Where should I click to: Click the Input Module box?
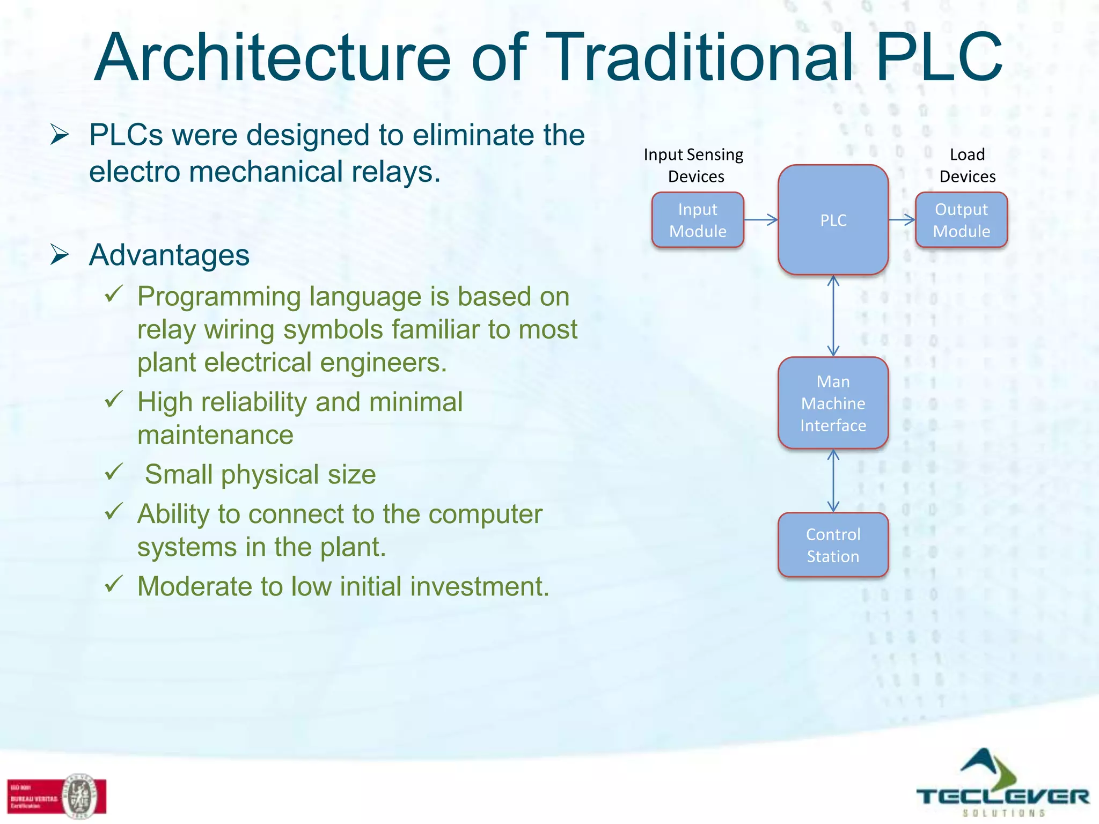pyautogui.click(x=698, y=220)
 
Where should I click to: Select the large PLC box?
pyautogui.click(x=833, y=220)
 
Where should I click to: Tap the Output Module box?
pyautogui.click(x=961, y=220)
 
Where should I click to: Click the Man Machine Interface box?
pyautogui.click(x=833, y=403)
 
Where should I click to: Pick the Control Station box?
pyautogui.click(x=833, y=545)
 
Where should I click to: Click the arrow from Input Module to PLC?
pyautogui.click(x=761, y=219)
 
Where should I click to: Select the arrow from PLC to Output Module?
pyautogui.click(x=902, y=219)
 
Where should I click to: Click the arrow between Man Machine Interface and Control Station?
pyautogui.click(x=833, y=480)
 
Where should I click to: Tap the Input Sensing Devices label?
pyautogui.click(x=694, y=165)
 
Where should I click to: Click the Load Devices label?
pyautogui.click(x=967, y=165)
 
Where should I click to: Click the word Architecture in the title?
pyautogui.click(x=273, y=58)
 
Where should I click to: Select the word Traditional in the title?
pyautogui.click(x=701, y=58)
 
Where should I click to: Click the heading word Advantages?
pyautogui.click(x=169, y=255)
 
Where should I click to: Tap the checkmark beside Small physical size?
pyautogui.click(x=114, y=472)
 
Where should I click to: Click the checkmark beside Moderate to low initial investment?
pyautogui.click(x=114, y=584)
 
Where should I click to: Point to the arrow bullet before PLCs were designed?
pyautogui.click(x=60, y=134)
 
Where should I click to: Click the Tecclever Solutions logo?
pyautogui.click(x=1001, y=784)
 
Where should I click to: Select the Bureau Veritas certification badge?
pyautogui.click(x=56, y=797)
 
